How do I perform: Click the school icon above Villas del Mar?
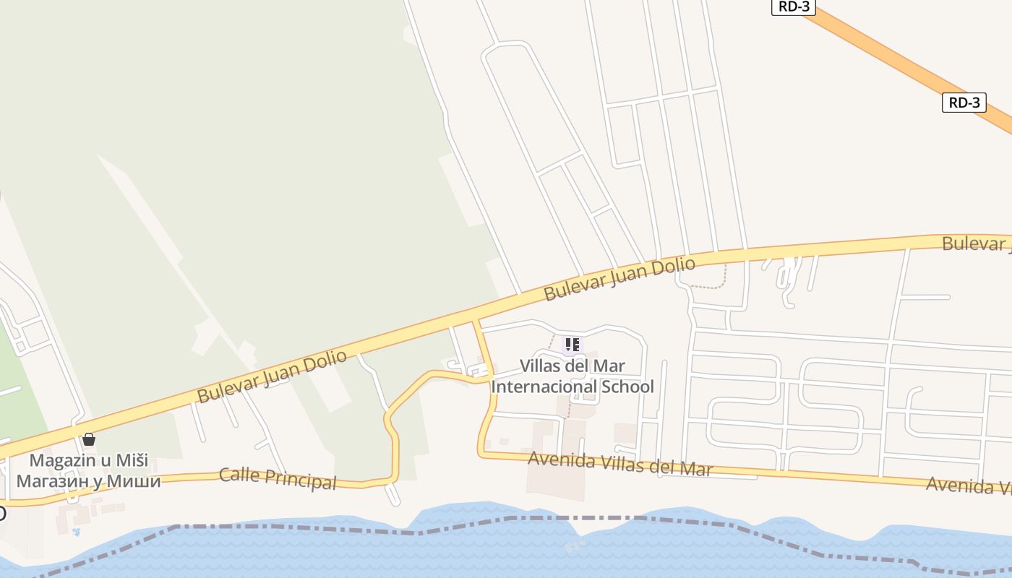click(x=573, y=345)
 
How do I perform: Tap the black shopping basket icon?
click(x=89, y=439)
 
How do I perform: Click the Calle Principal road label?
click(x=278, y=478)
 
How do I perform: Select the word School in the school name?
click(x=626, y=387)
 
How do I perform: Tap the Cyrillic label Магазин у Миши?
click(x=89, y=480)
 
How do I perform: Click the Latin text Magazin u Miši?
click(x=89, y=460)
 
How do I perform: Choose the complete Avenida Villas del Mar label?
click(x=620, y=463)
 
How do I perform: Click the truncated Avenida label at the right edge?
click(x=969, y=485)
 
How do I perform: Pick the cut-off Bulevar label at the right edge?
click(x=976, y=243)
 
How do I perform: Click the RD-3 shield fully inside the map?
click(x=964, y=103)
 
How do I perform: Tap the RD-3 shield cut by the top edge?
click(x=794, y=7)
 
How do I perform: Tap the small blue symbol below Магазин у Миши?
click(x=76, y=532)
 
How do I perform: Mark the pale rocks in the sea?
click(x=575, y=545)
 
